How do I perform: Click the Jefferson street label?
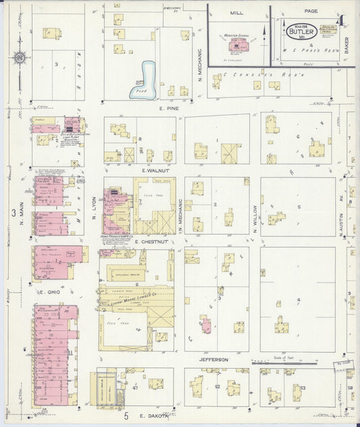click(x=213, y=360)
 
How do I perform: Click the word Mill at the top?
click(x=236, y=12)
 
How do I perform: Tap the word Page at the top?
click(x=310, y=11)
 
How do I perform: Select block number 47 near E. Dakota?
click(x=135, y=387)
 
